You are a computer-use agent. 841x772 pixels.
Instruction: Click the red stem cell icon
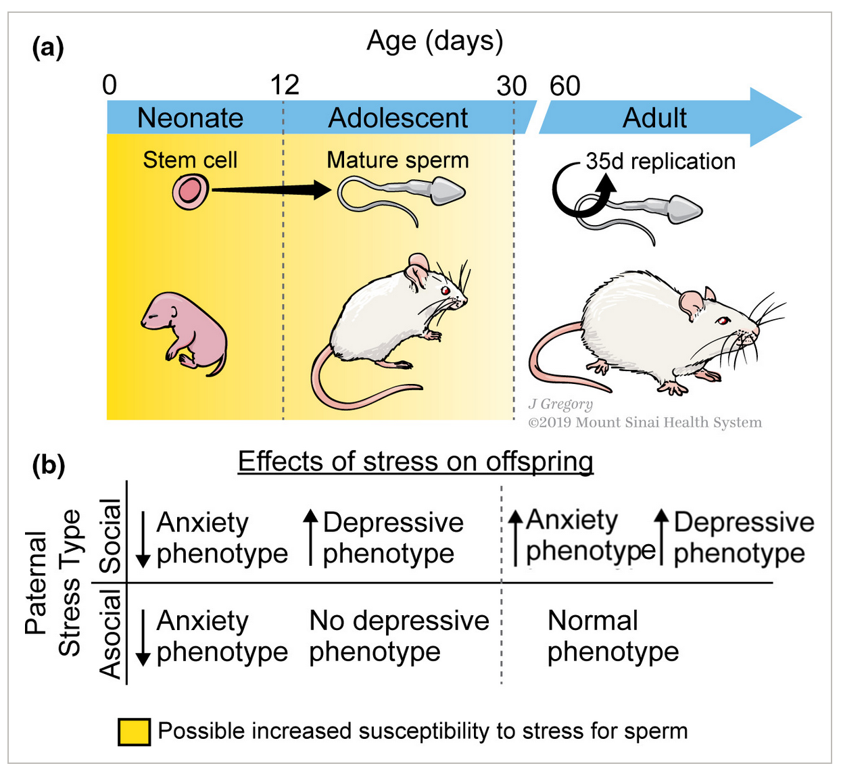point(190,192)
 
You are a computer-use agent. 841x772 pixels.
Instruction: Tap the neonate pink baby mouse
point(185,332)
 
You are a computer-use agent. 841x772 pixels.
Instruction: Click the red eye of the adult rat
point(723,320)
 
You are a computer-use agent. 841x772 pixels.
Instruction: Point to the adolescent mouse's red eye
point(446,291)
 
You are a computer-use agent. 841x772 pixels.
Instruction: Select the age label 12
point(285,85)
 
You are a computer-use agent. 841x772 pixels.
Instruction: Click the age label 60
point(564,86)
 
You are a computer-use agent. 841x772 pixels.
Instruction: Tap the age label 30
point(511,86)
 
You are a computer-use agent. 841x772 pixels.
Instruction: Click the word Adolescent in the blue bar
point(398,118)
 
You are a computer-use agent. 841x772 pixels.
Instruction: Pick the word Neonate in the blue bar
point(190,118)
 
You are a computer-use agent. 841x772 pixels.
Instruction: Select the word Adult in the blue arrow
point(654,118)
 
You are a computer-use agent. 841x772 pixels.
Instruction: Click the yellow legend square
point(134,731)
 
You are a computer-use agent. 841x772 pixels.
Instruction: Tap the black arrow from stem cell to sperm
point(270,190)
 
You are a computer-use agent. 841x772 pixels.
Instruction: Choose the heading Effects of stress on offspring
point(415,462)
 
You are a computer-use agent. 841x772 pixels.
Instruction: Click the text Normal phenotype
point(612,636)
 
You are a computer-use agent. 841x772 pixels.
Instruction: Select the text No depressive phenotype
point(399,636)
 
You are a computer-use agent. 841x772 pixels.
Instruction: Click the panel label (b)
point(49,465)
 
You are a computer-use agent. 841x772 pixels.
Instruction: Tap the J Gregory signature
point(560,404)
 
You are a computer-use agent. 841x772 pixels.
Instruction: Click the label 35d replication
point(660,162)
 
